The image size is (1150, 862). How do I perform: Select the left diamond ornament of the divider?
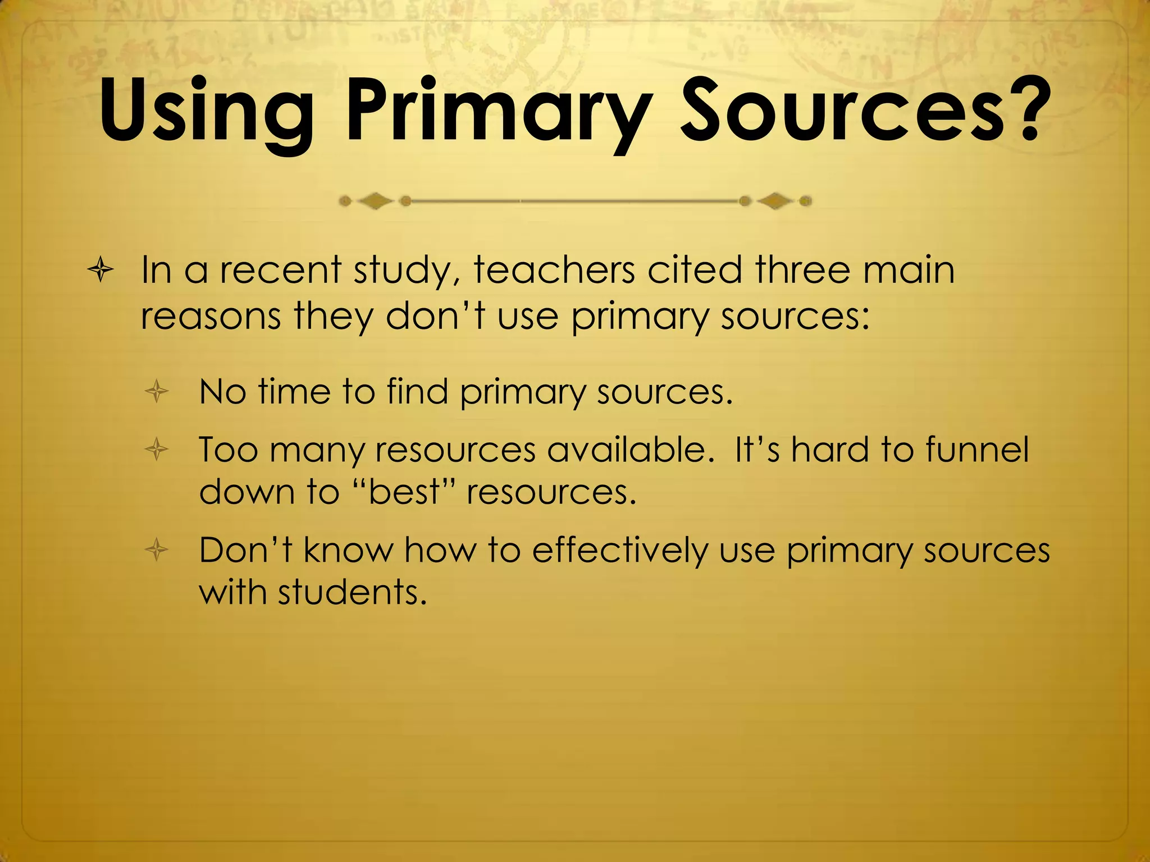click(375, 201)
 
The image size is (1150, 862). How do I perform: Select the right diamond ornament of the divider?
click(775, 201)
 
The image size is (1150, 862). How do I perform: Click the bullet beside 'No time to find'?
click(157, 392)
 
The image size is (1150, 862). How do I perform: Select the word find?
click(417, 391)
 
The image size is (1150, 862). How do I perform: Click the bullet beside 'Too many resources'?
click(157, 449)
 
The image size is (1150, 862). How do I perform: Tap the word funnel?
click(977, 450)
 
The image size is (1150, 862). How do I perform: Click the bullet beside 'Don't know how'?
click(157, 550)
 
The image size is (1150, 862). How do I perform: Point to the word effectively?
click(620, 551)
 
